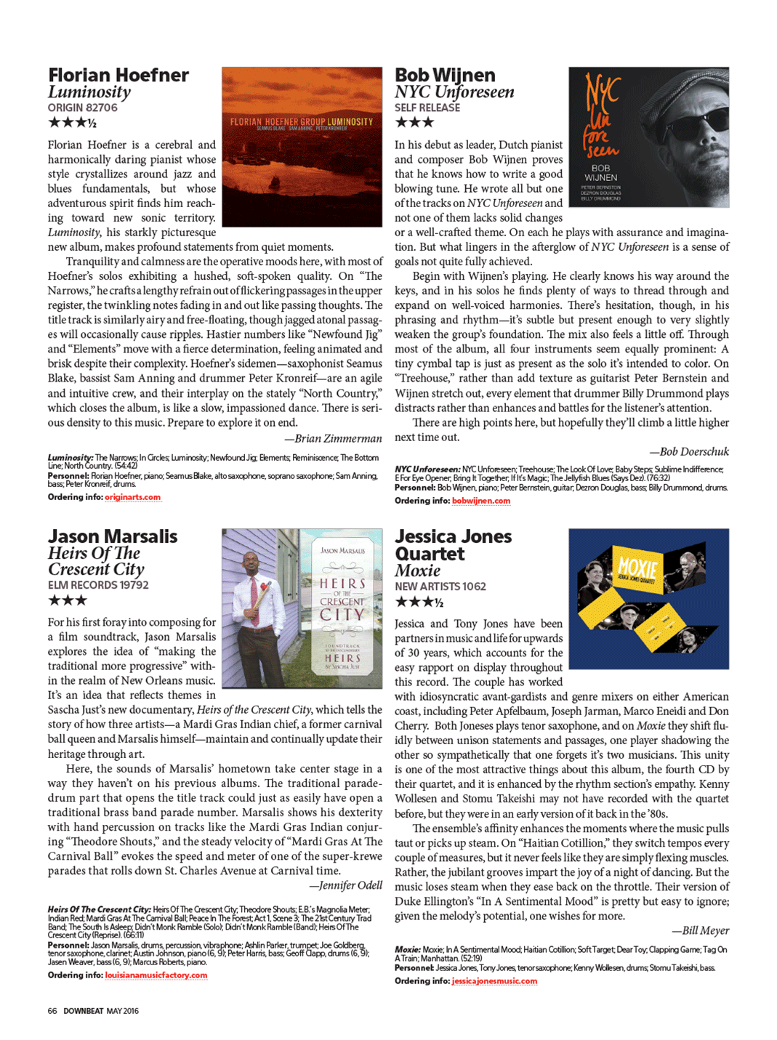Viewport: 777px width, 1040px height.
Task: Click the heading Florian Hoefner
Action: tap(118, 76)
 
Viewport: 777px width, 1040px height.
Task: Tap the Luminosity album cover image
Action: tap(302, 147)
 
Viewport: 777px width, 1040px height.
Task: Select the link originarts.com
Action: tap(132, 497)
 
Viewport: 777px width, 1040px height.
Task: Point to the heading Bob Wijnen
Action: tap(445, 76)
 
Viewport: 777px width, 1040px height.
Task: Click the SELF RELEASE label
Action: tap(427, 108)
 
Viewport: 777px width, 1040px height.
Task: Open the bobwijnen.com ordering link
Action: tap(480, 501)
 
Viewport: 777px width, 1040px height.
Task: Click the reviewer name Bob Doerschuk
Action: tap(693, 451)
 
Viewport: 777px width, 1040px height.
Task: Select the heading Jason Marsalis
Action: tap(113, 536)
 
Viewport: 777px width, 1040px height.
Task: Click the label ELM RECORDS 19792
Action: tap(98, 585)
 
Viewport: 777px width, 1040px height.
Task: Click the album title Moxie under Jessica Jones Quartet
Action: tap(417, 571)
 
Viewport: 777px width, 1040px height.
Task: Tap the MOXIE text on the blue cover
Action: tap(637, 568)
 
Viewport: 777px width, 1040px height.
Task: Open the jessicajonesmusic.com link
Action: tap(494, 981)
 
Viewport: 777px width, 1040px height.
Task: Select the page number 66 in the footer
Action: tap(52, 1011)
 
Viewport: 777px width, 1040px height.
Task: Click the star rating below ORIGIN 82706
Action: tap(72, 123)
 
